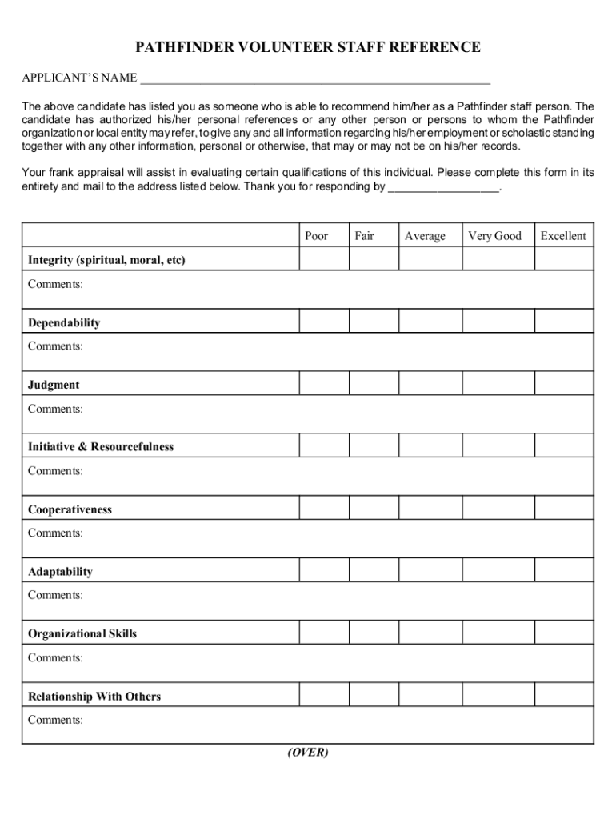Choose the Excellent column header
(564, 236)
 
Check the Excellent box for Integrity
(564, 259)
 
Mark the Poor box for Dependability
(324, 322)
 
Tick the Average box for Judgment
(430, 384)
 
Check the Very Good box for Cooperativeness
(498, 509)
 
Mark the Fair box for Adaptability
(374, 570)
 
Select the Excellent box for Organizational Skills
(564, 633)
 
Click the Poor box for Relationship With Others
(324, 695)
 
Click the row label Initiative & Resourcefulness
(101, 447)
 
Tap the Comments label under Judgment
(56, 409)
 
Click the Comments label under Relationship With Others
(56, 720)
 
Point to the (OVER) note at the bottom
(308, 753)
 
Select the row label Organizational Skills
(82, 634)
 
